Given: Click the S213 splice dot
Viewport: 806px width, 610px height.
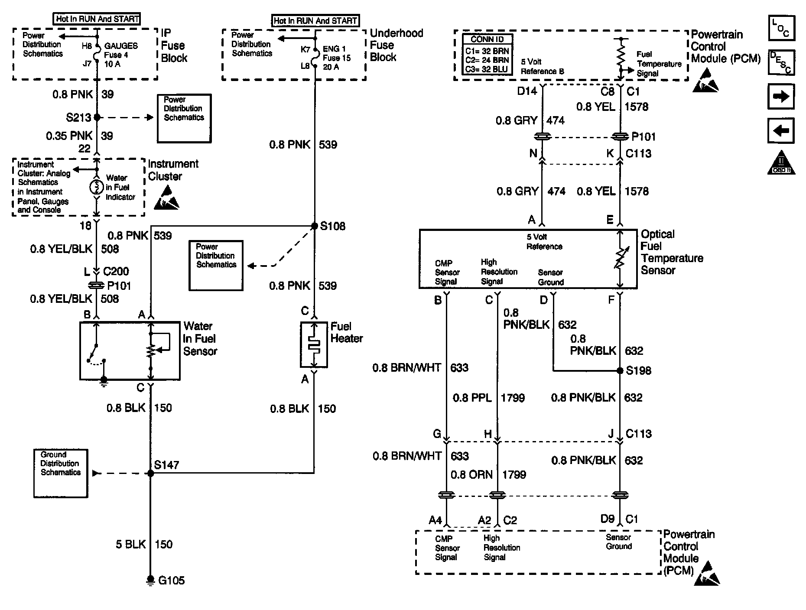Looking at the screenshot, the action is click(x=97, y=117).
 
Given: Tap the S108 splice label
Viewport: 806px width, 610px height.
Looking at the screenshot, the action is click(x=333, y=226).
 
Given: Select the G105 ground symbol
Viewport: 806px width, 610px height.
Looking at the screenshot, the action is click(x=150, y=580).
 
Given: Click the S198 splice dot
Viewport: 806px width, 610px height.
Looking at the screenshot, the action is click(x=620, y=371).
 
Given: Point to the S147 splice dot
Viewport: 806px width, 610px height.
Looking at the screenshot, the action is click(x=150, y=474).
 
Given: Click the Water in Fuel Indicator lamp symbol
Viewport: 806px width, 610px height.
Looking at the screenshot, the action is click(x=96, y=188).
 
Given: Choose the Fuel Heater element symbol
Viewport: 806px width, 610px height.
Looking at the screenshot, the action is click(x=313, y=345).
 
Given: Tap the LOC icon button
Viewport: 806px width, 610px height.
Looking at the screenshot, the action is click(x=781, y=28).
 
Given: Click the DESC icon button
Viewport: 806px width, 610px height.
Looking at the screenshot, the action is click(x=781, y=62).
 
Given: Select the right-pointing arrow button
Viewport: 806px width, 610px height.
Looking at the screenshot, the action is click(x=781, y=96).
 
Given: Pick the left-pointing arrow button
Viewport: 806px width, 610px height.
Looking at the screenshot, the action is click(x=781, y=130).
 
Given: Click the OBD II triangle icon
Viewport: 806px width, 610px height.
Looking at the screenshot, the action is click(x=781, y=163).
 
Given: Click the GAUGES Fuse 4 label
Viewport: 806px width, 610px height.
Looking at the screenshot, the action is click(x=121, y=55).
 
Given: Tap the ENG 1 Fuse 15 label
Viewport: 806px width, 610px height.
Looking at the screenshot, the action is click(x=337, y=58).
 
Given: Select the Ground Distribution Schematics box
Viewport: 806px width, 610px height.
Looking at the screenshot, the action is click(x=61, y=473).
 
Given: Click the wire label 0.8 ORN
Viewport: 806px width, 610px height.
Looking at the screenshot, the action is click(x=471, y=475).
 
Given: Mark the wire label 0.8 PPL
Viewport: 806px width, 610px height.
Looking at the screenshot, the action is click(x=472, y=398).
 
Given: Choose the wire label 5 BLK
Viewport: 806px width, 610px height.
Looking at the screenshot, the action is click(x=130, y=545).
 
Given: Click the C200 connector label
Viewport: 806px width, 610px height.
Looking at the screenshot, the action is click(x=116, y=272).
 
